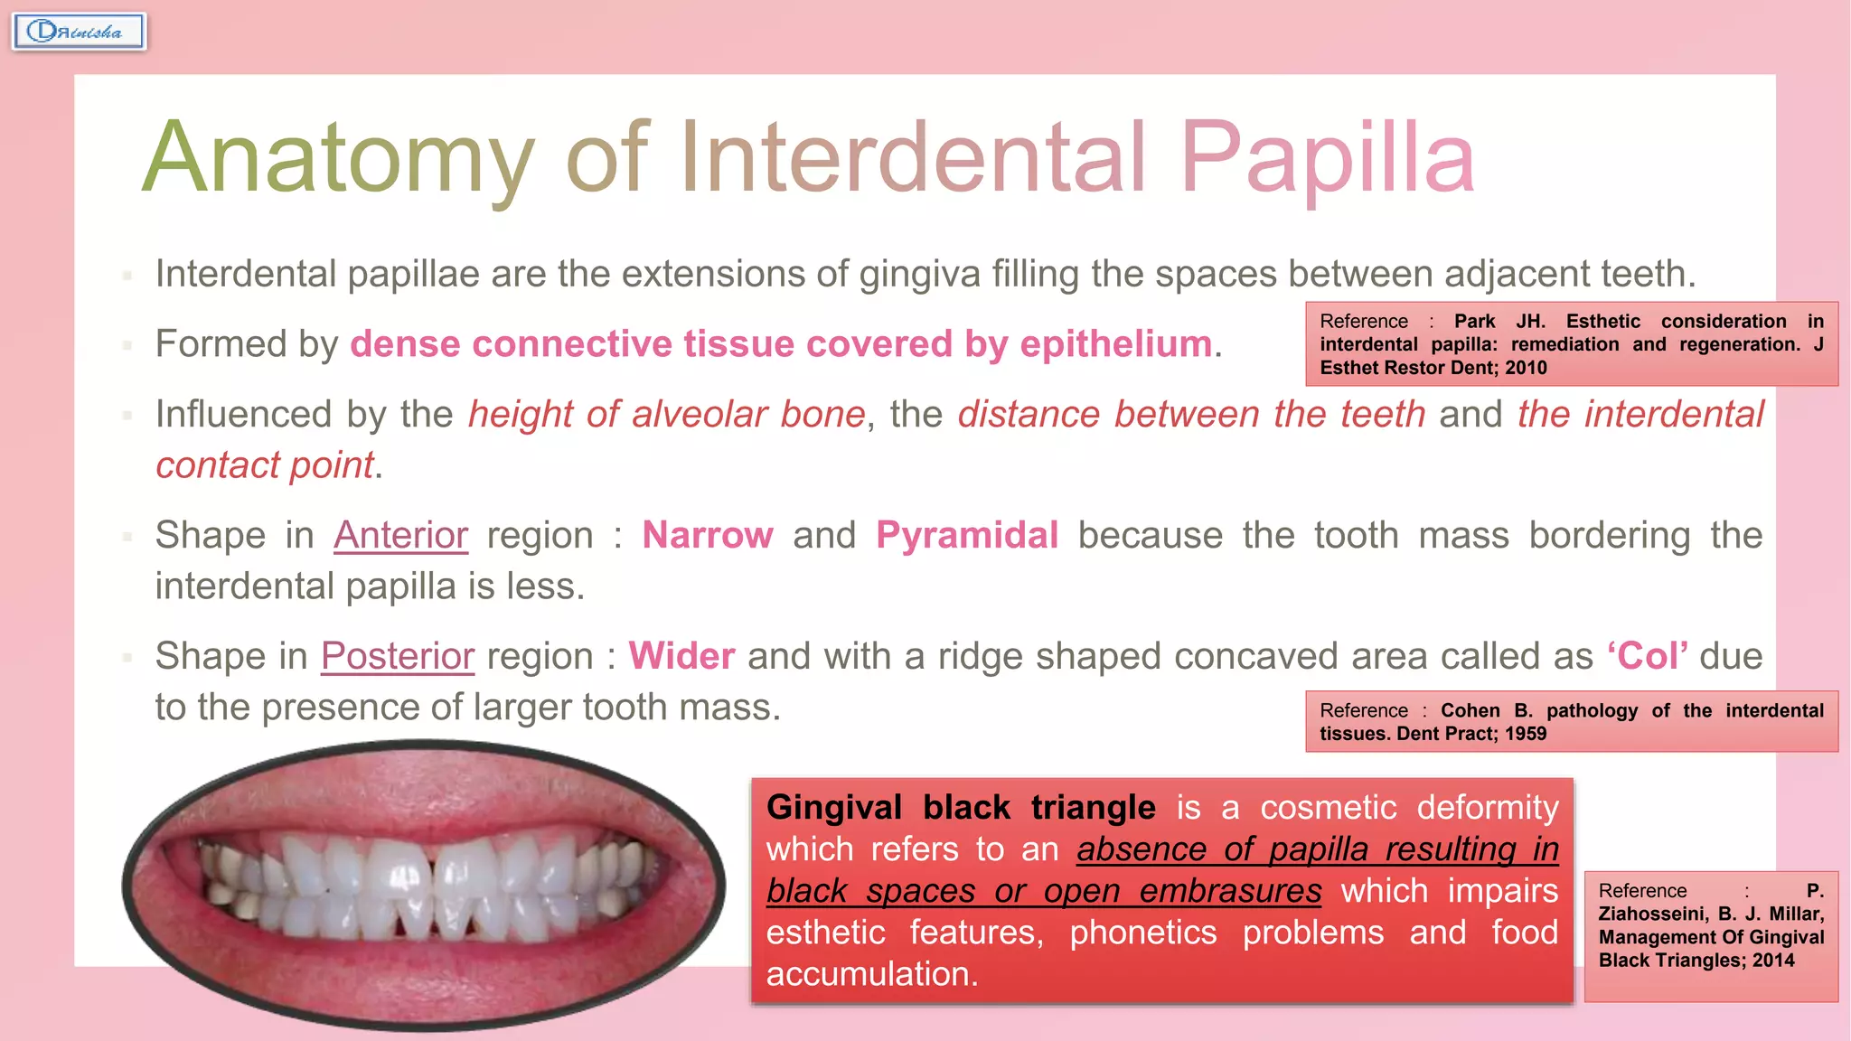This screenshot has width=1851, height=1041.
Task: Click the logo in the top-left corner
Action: coord(79,32)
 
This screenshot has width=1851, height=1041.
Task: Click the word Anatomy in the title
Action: coord(339,159)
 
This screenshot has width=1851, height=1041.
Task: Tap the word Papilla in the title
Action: coord(1327,159)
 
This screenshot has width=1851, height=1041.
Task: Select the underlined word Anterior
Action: coord(400,535)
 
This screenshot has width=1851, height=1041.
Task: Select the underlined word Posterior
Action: coord(397,656)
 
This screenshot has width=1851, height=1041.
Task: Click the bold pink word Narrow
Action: coord(708,535)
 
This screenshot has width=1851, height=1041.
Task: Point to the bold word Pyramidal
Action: coord(967,535)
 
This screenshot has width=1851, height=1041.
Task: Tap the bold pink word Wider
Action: coord(681,656)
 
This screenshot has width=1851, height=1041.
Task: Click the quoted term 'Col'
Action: coord(1648,656)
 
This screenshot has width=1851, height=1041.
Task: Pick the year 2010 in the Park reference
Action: coord(1526,368)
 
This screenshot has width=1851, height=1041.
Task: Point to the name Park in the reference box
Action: coord(1474,322)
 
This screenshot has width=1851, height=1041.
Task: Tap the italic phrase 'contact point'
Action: coord(265,465)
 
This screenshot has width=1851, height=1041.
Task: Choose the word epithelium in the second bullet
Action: coord(1115,344)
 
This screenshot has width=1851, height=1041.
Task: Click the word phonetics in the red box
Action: coord(1143,933)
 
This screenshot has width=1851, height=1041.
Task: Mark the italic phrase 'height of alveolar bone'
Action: coord(667,415)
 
